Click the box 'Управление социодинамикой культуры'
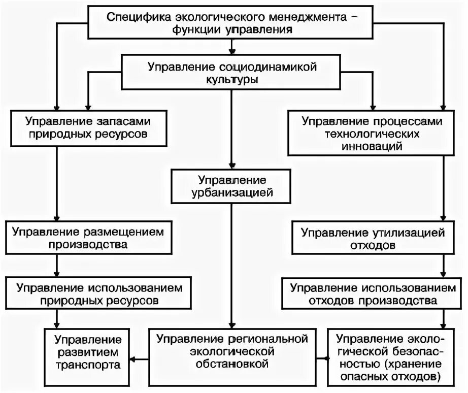coord(232,73)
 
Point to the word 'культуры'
coord(232,80)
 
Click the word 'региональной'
coord(266,338)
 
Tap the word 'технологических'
coord(373,134)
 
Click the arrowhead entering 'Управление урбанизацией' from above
coord(232,166)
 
